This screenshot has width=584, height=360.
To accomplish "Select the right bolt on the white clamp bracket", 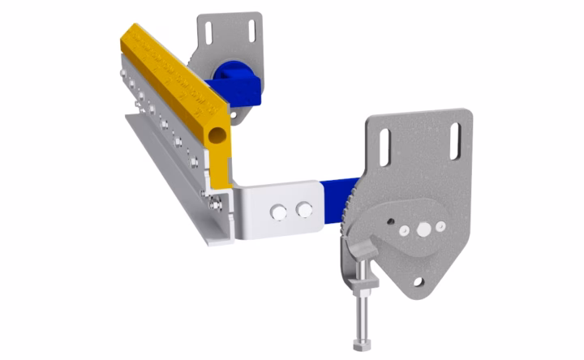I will pyautogui.click(x=304, y=209).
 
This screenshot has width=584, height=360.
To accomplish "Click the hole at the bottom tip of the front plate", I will pyautogui.click(x=419, y=281).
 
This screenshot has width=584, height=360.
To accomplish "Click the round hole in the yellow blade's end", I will pyautogui.click(x=217, y=133).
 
